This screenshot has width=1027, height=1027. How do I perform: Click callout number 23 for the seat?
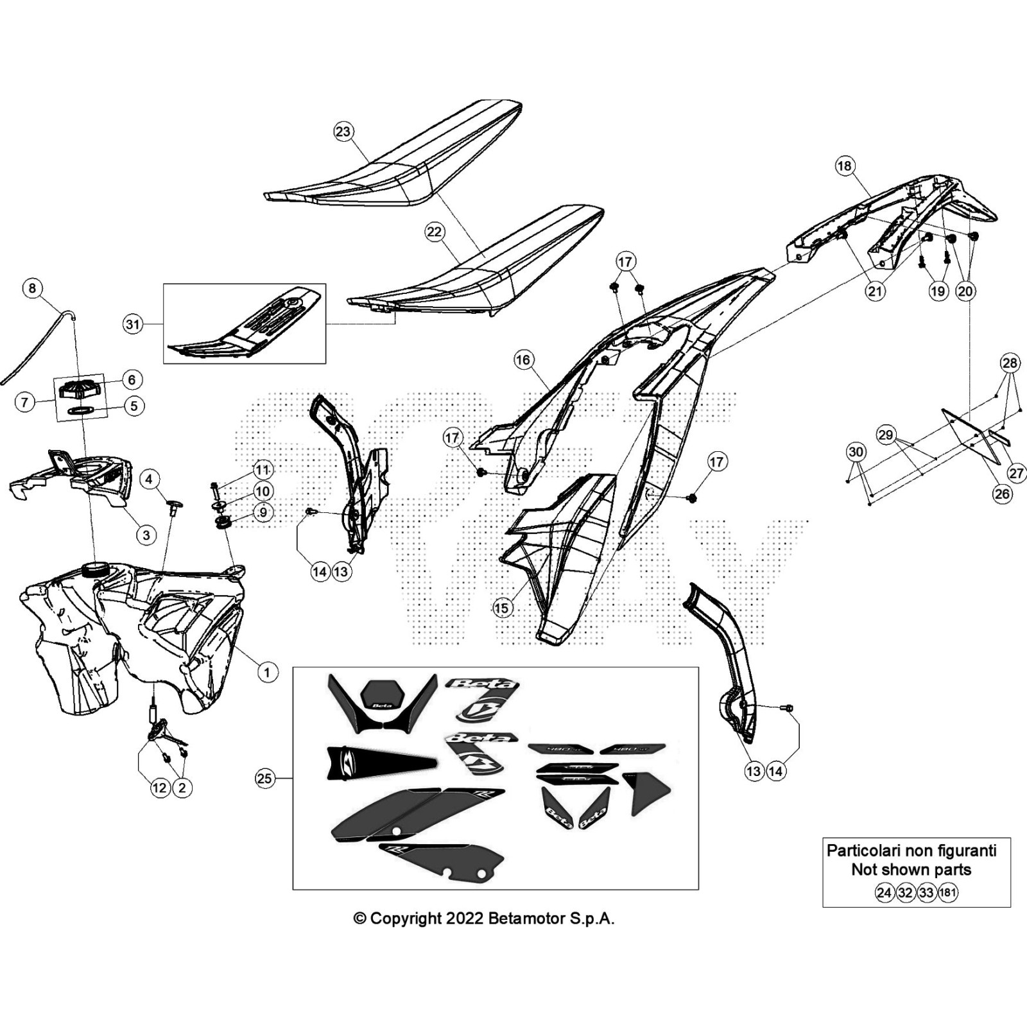[x=343, y=132]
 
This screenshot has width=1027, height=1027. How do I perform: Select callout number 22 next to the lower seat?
[x=435, y=232]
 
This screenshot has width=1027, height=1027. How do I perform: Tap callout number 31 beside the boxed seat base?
[x=132, y=325]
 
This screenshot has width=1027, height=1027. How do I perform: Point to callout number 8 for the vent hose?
[x=33, y=288]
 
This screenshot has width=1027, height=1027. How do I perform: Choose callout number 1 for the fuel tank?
[x=267, y=672]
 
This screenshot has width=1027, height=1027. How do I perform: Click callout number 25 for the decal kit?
[x=264, y=779]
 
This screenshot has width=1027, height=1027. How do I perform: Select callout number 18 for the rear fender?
[x=844, y=166]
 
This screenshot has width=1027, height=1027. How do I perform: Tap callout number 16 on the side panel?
[x=523, y=360]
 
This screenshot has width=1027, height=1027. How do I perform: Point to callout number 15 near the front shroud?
[x=502, y=608]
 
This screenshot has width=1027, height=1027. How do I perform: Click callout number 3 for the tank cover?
[x=146, y=535]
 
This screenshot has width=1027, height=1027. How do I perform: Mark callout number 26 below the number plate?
[x=1002, y=494]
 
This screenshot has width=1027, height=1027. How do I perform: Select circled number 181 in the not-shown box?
[x=947, y=892]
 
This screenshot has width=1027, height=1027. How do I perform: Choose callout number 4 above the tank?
[x=149, y=479]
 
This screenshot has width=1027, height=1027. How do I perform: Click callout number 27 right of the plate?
[x=1017, y=474]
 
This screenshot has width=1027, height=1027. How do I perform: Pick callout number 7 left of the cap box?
[x=24, y=402]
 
